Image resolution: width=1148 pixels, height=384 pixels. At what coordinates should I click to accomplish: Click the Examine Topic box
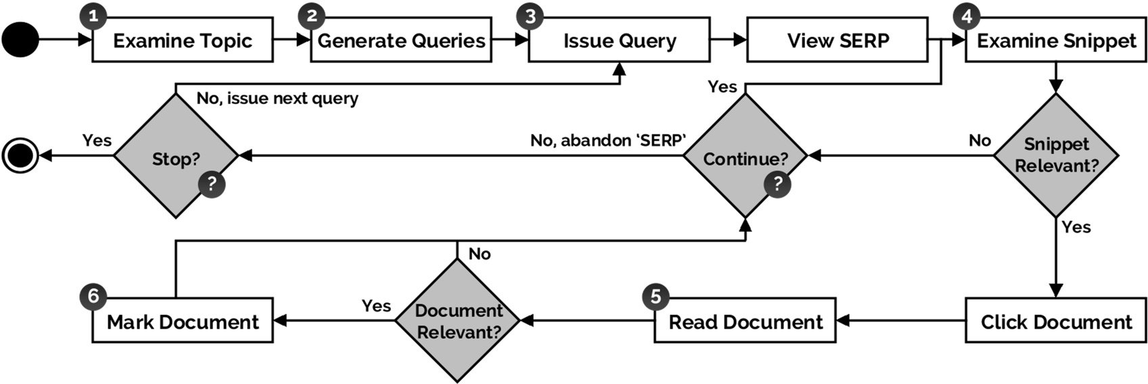182,41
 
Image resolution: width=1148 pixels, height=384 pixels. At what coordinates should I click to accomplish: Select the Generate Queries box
400,41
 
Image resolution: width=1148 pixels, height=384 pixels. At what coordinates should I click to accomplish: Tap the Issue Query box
619,41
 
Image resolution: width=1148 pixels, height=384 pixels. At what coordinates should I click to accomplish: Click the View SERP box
837,41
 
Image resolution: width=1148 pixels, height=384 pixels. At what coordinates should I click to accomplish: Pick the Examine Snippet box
1056,41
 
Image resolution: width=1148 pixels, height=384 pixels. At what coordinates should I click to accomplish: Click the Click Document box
1056,321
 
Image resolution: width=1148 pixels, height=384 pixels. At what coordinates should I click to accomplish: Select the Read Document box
745,321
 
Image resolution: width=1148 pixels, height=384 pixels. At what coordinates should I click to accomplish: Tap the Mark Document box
182,321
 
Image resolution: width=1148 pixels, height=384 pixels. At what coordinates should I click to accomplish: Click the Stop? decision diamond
176,157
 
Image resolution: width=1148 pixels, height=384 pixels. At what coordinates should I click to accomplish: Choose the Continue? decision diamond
745,157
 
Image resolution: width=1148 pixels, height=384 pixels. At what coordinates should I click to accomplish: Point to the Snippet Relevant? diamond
1056,155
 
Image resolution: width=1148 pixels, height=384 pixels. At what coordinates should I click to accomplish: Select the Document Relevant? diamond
458,321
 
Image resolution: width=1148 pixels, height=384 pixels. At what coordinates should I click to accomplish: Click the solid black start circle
20,40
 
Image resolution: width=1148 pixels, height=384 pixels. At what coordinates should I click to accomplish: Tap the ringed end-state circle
20,156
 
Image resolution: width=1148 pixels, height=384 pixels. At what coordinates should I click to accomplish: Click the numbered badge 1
93,16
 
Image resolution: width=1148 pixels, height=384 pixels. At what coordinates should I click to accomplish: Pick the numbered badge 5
655,296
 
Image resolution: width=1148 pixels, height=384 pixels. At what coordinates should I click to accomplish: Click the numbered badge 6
93,296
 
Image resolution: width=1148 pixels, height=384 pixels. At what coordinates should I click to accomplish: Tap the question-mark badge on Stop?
211,184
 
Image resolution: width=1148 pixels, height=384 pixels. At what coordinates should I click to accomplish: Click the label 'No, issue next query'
277,99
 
